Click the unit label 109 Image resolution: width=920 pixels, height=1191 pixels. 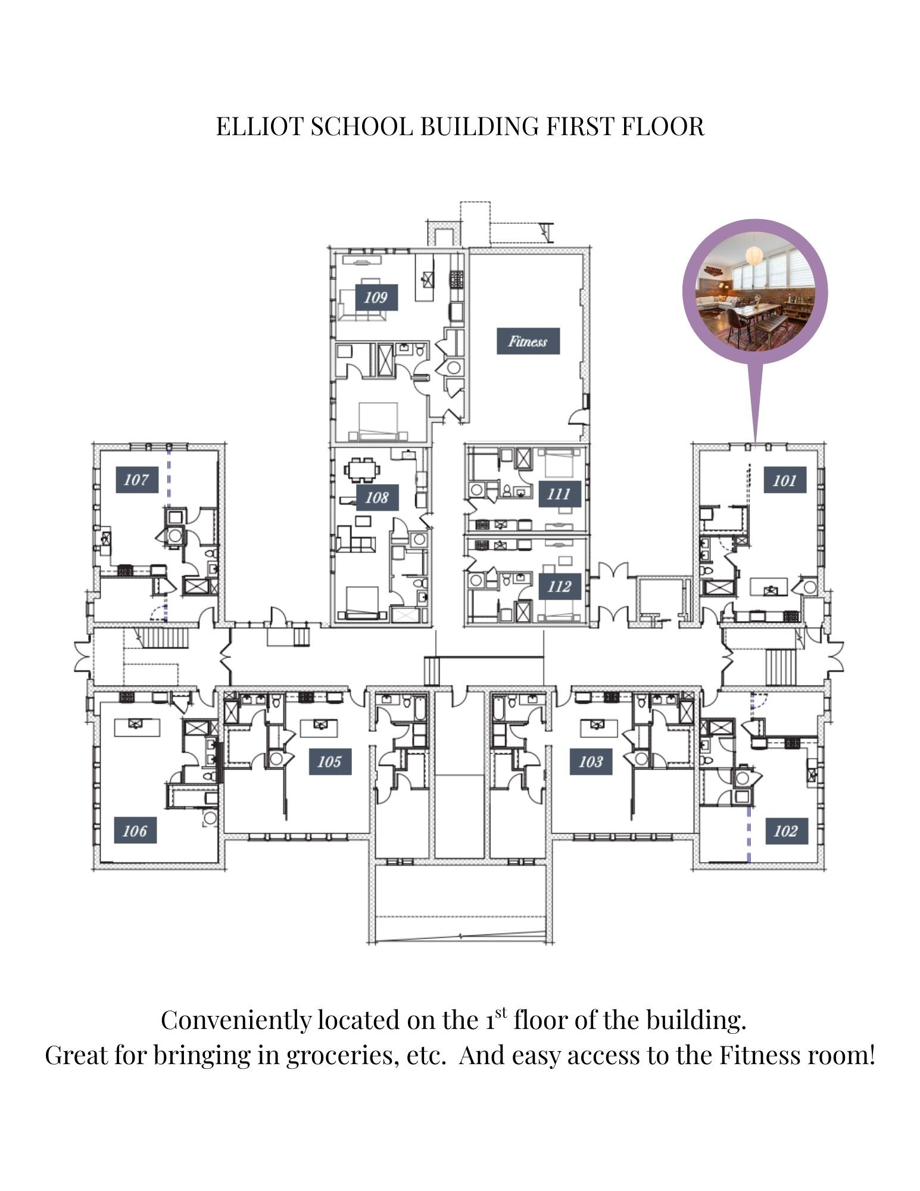tap(376, 297)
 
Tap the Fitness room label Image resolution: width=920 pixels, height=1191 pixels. tap(528, 341)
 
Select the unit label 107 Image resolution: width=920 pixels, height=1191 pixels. tap(136, 479)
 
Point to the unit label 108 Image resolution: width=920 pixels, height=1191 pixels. tap(376, 497)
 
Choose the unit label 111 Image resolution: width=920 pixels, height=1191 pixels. tap(559, 494)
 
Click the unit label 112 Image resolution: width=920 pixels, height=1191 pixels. tap(559, 587)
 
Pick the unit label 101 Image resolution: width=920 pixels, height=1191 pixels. tap(784, 480)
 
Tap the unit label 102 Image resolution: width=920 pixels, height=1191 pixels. tap(785, 831)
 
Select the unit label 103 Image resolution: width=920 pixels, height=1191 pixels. tap(590, 761)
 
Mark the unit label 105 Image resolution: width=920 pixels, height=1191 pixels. tap(329, 761)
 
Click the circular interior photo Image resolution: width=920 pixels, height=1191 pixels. tap(754, 292)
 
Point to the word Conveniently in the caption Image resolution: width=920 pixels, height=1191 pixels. tap(236, 1020)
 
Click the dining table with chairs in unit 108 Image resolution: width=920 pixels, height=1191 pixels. tap(362, 470)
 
